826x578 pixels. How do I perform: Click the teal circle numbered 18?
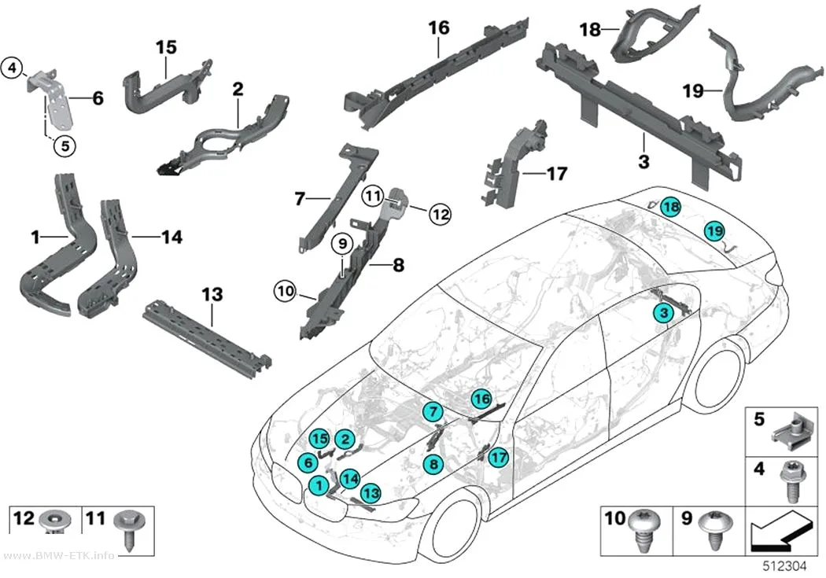coord(671,207)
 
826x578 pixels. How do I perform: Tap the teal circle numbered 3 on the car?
coord(664,313)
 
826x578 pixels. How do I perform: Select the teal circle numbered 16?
coord(481,399)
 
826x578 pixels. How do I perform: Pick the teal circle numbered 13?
coord(371,493)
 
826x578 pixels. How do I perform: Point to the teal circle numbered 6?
coord(308,462)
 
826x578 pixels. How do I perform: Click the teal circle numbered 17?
coord(498,457)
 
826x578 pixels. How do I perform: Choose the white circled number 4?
coord(13,68)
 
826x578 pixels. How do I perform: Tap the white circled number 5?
coord(65,145)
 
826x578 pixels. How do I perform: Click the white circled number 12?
coord(441,214)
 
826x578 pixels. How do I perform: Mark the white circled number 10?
coord(285,291)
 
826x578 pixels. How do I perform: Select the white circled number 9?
coord(342,244)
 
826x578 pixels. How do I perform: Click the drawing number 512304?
coord(785,566)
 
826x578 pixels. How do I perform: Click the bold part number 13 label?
coord(212,295)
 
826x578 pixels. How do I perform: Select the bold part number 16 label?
coord(439,28)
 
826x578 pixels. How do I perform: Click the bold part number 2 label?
coord(238,89)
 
